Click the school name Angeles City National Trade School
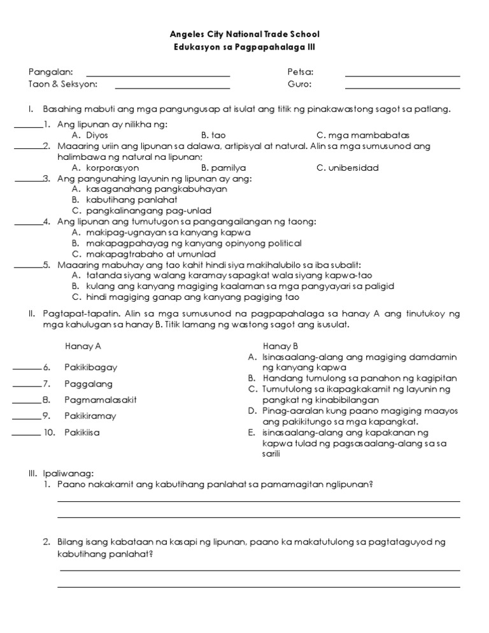(x=244, y=34)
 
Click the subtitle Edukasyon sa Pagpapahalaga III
(x=244, y=47)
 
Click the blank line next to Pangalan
(x=158, y=75)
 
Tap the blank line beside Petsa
(x=402, y=75)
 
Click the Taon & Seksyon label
(x=62, y=84)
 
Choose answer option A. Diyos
(x=90, y=135)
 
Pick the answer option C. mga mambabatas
(x=362, y=135)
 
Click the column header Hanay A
(x=83, y=346)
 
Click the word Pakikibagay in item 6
(x=90, y=367)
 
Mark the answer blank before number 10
(x=25, y=434)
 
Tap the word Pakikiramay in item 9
(x=90, y=416)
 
